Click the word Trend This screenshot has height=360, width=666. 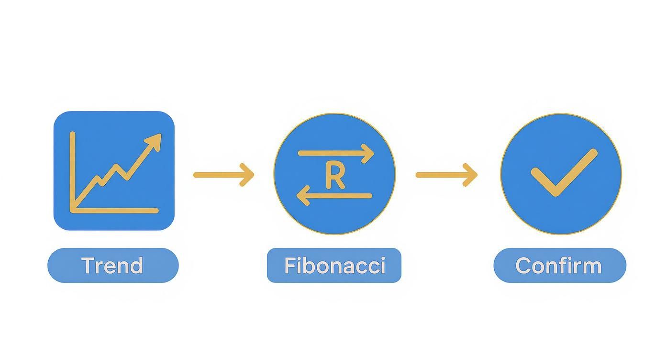pos(112,266)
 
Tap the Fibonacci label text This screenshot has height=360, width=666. pos(334,266)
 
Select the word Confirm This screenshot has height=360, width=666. pos(559,266)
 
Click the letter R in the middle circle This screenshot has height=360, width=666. pos(334,175)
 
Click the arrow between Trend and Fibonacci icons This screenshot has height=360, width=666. pos(223,175)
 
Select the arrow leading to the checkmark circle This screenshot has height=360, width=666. pos(446,175)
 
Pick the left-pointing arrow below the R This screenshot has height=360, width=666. pos(334,196)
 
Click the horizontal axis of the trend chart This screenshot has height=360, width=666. pos(115,210)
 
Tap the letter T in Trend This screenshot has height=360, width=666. pos(88,265)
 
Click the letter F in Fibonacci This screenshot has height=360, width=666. pos(289,265)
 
